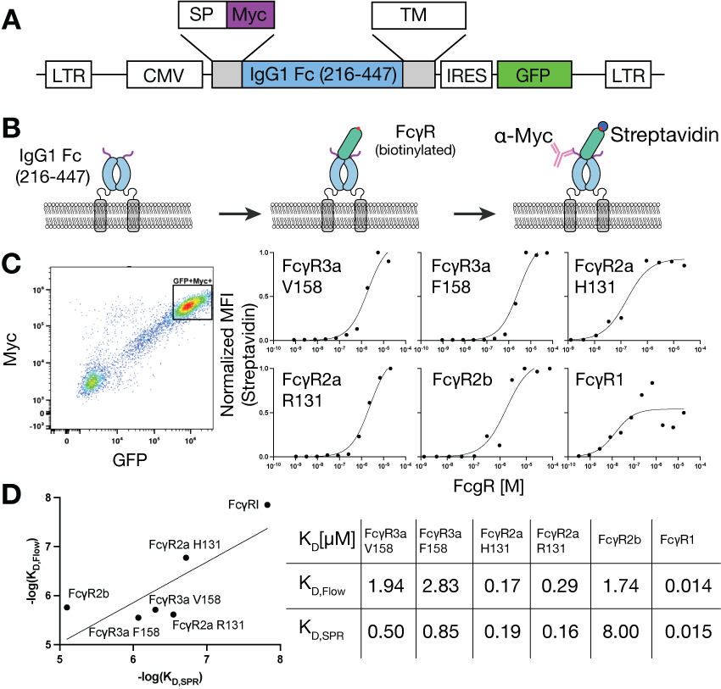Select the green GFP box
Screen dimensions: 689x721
[534, 75]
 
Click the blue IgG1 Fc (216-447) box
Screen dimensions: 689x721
[321, 75]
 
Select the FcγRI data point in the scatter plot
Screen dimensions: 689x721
[268, 504]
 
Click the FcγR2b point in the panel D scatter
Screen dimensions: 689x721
[67, 607]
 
